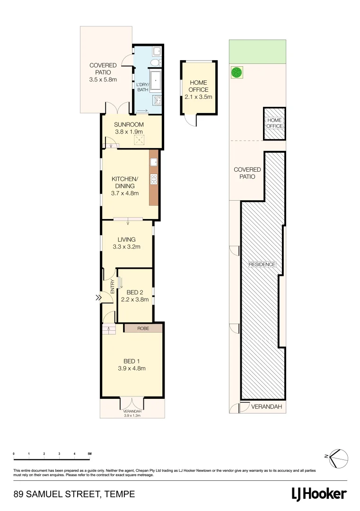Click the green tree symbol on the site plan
[x=237, y=72]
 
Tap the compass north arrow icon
[x=338, y=457]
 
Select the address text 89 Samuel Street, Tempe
[x=74, y=494]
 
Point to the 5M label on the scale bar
[x=89, y=454]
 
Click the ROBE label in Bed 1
[x=143, y=328]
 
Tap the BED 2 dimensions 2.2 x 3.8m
[x=135, y=300]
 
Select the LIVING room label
[x=126, y=239]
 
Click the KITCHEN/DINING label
[x=124, y=182]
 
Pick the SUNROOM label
[x=128, y=125]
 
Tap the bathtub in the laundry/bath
[x=156, y=79]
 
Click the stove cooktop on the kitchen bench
[x=154, y=178]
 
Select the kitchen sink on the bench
[x=154, y=163]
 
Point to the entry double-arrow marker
[x=98, y=298]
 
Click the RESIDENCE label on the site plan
[x=262, y=264]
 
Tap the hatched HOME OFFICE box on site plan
[x=274, y=123]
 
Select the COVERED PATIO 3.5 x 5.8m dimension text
[x=103, y=80]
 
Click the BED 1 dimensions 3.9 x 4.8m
[x=132, y=368]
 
